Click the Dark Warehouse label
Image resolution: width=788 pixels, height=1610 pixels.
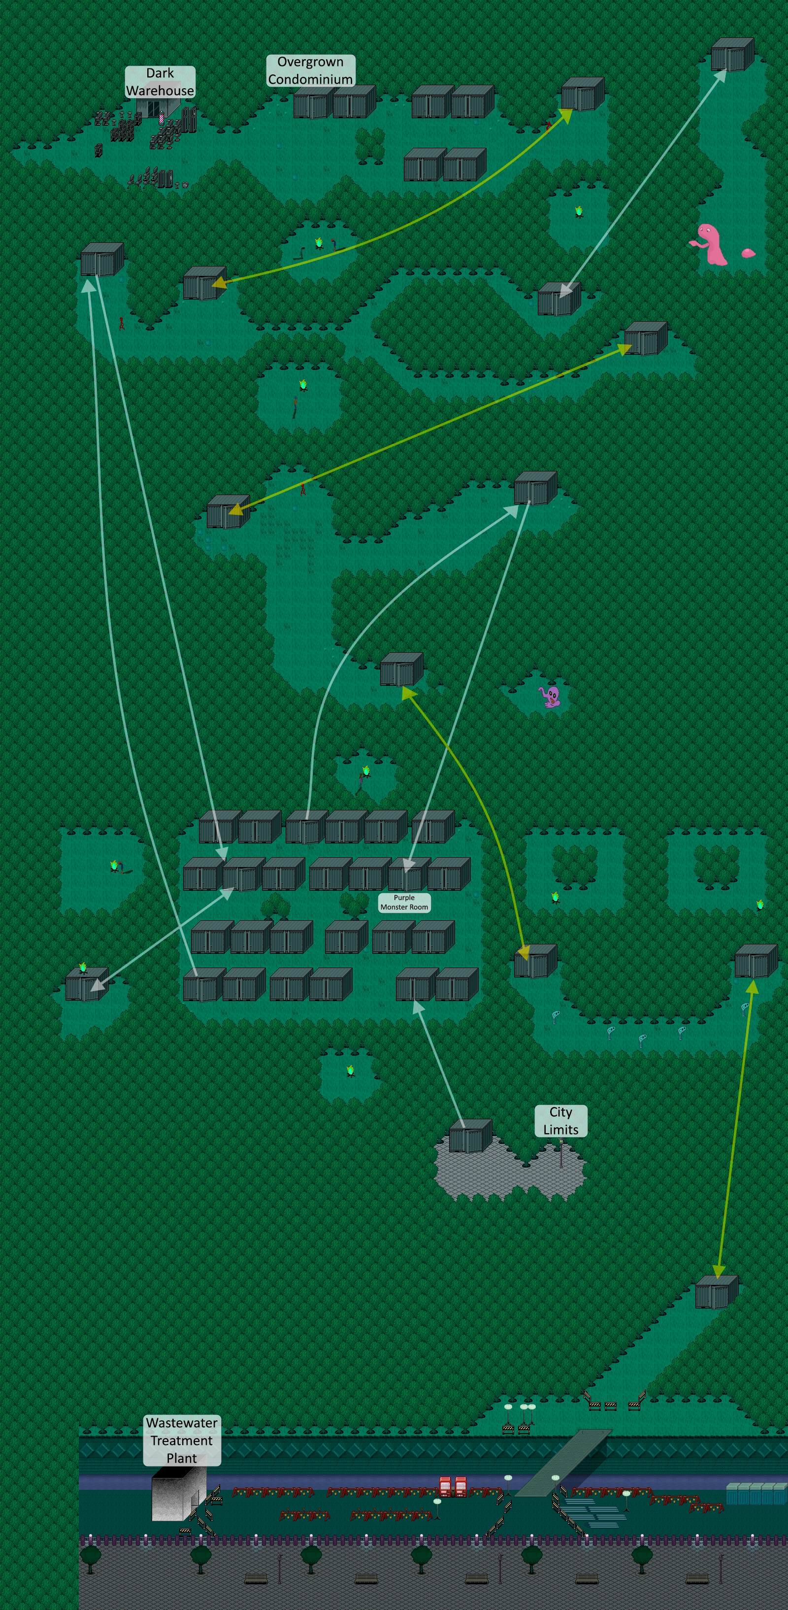point(160,82)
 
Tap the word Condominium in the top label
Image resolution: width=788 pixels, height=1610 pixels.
point(311,79)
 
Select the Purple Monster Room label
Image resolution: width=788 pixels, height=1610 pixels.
point(404,902)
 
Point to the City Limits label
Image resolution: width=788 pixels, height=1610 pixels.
point(560,1121)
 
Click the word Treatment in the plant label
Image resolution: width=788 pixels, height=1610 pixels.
point(181,1441)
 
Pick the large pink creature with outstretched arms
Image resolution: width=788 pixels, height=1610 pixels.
point(711,244)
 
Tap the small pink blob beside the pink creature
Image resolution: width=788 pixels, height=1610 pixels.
point(748,253)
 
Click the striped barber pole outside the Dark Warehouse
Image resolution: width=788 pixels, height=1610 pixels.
point(162,116)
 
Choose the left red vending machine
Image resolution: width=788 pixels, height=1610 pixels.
point(445,1487)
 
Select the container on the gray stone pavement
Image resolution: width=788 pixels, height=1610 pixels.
point(470,1136)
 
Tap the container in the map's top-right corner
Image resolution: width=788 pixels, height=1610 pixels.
point(732,55)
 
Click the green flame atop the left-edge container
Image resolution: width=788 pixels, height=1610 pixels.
point(82,968)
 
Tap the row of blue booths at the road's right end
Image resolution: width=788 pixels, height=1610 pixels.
point(756,1494)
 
